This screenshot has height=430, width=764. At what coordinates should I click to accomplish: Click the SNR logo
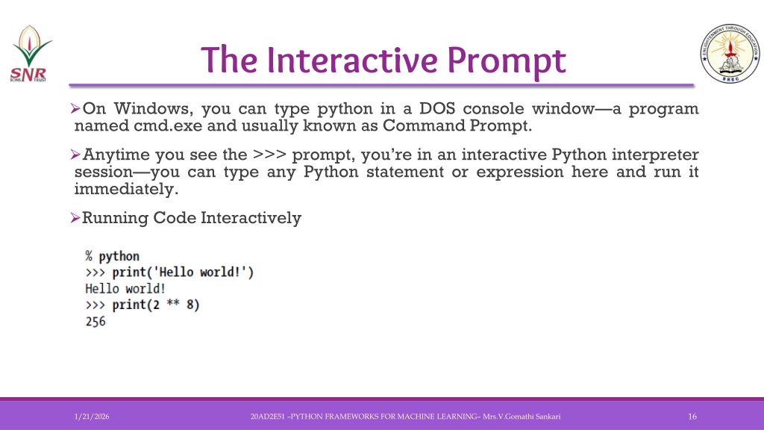click(x=31, y=54)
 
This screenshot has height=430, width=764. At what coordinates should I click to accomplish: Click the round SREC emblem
click(x=730, y=53)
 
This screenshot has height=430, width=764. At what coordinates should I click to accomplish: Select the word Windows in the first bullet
click(x=151, y=108)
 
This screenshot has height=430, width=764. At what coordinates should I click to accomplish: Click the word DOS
click(x=437, y=108)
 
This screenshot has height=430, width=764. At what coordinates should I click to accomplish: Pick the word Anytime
click(x=116, y=155)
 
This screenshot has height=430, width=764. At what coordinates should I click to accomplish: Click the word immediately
click(x=126, y=189)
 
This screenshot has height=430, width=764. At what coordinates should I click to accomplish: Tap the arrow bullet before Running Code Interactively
click(x=75, y=217)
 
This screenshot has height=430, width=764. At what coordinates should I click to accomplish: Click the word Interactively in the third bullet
click(x=251, y=218)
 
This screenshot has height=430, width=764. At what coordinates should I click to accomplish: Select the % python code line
click(x=113, y=256)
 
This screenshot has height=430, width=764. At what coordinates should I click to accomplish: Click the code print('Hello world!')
click(x=183, y=272)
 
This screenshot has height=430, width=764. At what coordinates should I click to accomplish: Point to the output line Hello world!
click(x=125, y=289)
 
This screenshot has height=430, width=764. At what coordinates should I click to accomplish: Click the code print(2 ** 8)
click(x=156, y=305)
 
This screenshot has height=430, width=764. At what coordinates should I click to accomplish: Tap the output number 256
click(x=95, y=322)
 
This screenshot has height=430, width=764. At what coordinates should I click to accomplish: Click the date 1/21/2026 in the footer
click(x=92, y=417)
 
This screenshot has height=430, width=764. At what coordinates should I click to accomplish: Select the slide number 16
click(x=692, y=417)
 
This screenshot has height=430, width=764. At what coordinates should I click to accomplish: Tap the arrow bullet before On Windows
click(x=75, y=108)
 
